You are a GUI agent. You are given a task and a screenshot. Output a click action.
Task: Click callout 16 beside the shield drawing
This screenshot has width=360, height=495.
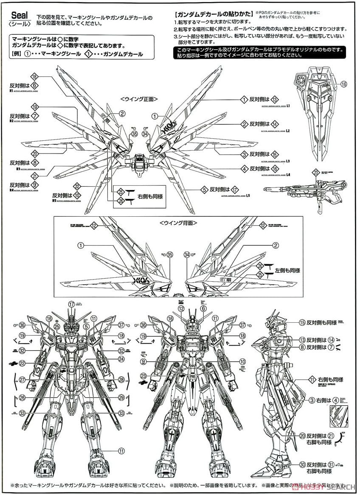[x=343, y=84]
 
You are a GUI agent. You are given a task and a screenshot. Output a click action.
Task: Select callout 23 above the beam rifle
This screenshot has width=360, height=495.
[x=315, y=173]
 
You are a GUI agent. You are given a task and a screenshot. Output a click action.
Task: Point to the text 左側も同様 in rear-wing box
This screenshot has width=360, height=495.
[x=288, y=270]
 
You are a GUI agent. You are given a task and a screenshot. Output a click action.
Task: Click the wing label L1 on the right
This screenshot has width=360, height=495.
[x=287, y=105]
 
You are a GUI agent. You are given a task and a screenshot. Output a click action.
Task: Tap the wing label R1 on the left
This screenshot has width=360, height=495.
[x=10, y=90]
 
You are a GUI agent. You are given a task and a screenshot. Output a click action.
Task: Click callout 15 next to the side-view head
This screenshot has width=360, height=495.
[x=302, y=322]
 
